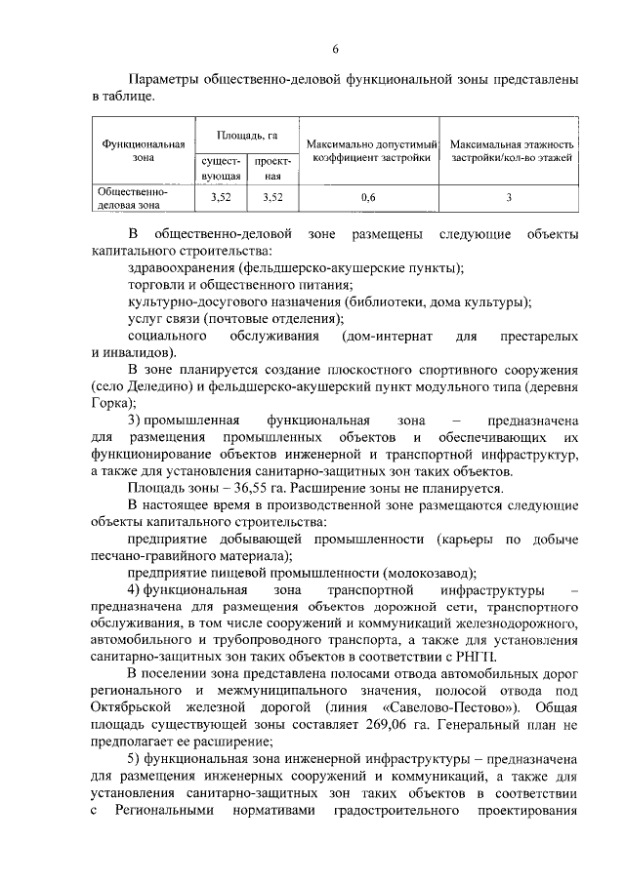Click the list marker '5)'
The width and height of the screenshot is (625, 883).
click(x=135, y=759)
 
